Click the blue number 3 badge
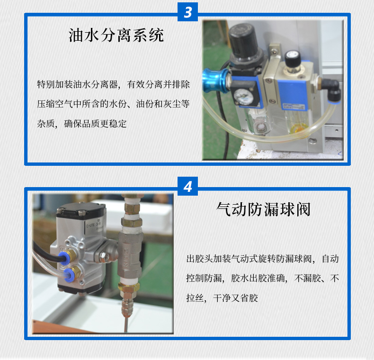(x=187, y=12)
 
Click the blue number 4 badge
(x=187, y=187)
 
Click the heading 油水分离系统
(x=116, y=36)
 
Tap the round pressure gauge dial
(x=243, y=95)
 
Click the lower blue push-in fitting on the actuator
(x=68, y=273)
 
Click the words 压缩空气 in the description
(x=54, y=104)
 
